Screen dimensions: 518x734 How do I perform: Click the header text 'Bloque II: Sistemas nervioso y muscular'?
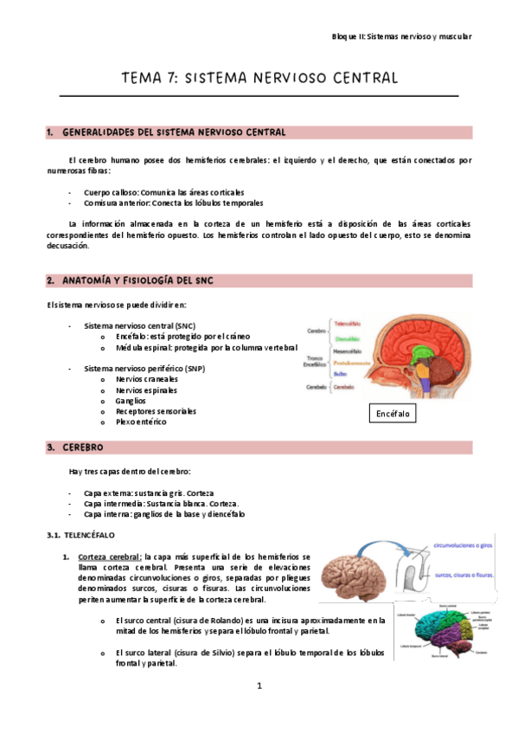[x=402, y=36]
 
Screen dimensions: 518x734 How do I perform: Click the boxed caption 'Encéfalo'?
[x=392, y=415]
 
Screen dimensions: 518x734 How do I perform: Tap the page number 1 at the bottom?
[x=259, y=686]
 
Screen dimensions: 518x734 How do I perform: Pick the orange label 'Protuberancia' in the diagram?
[x=350, y=363]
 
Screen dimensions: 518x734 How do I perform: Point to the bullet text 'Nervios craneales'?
[x=147, y=379]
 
